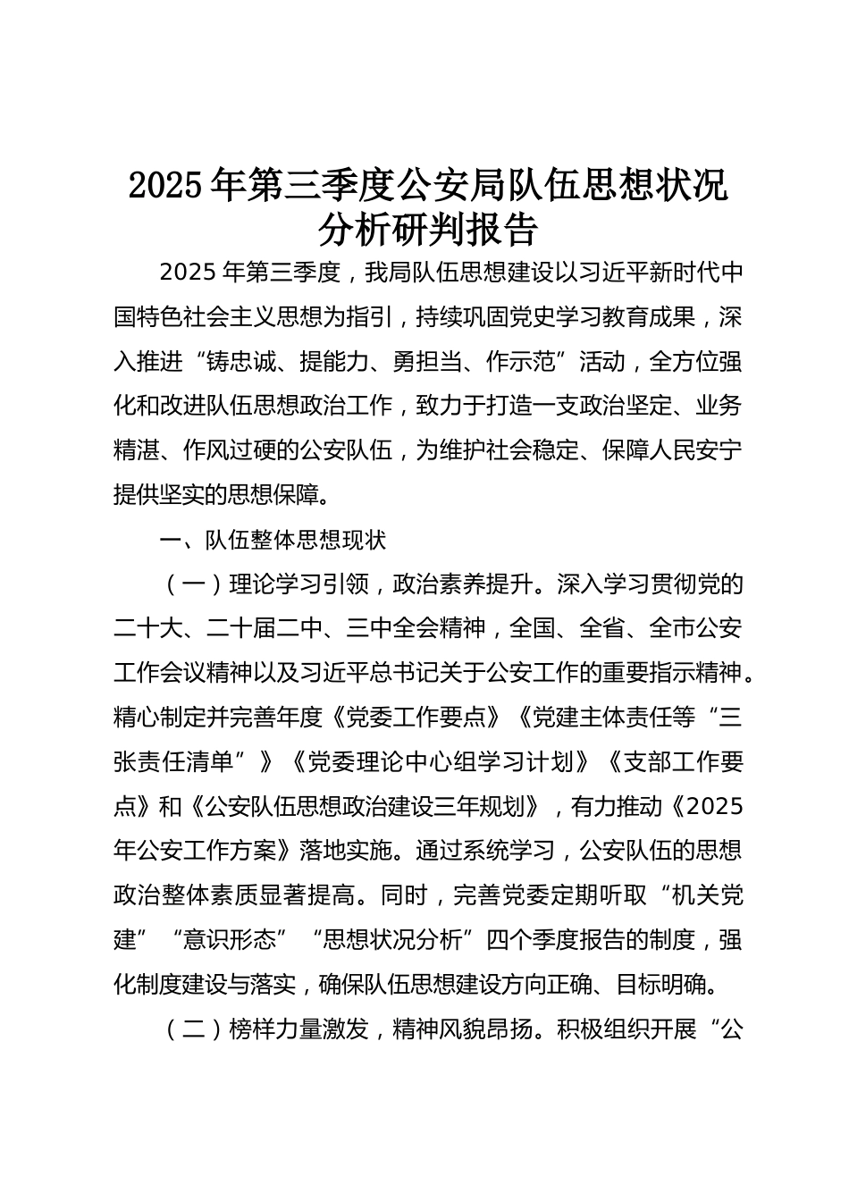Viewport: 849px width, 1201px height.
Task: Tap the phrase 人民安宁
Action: click(695, 450)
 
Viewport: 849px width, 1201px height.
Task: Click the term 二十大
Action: click(148, 629)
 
